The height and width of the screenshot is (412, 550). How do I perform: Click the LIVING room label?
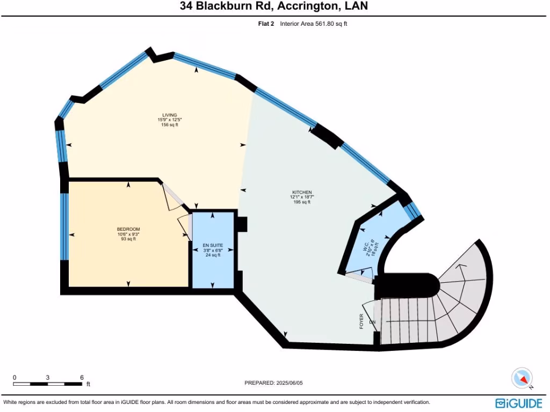170,115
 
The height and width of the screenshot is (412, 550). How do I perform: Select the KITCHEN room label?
301,192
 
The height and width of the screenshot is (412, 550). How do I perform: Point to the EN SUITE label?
213,245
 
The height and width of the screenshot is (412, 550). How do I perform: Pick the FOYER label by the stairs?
361,321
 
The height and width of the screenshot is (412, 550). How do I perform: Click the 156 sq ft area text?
170,125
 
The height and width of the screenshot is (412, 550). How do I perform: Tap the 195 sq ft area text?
301,202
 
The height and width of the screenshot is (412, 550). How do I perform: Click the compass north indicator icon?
522,378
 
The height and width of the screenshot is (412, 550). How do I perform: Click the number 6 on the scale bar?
82,377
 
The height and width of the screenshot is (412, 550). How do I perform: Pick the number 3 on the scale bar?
48,377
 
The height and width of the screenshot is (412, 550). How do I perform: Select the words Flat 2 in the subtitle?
266,24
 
